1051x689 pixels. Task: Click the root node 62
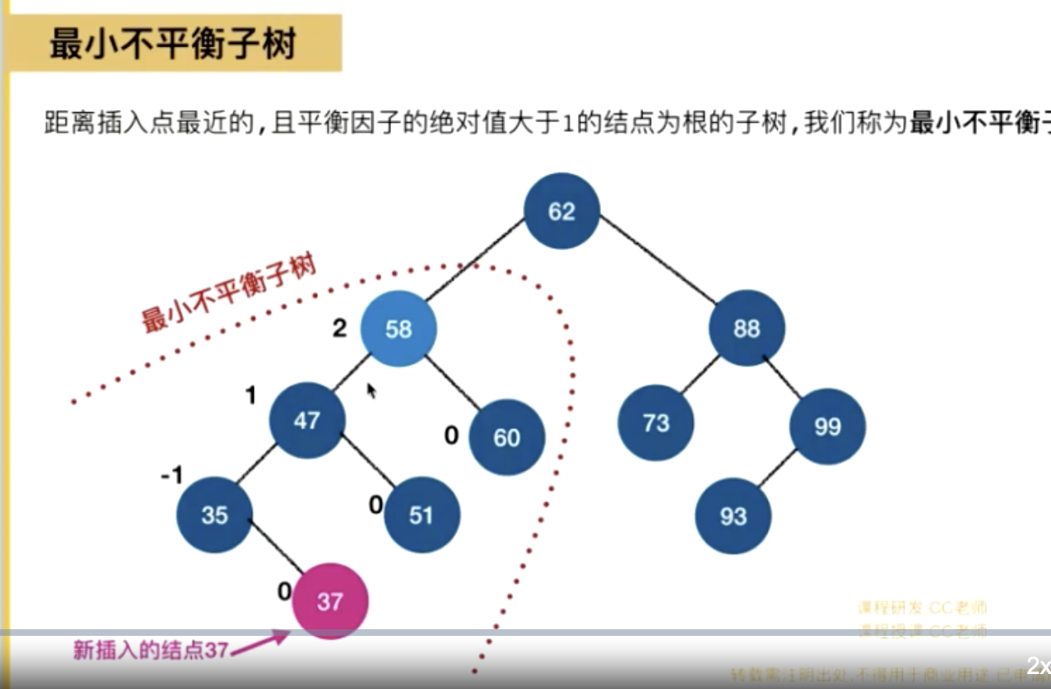click(561, 211)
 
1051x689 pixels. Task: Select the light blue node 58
click(398, 329)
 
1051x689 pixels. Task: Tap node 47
click(306, 420)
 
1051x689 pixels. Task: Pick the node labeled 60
click(506, 437)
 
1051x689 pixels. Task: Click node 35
click(214, 515)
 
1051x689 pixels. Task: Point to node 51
click(421, 515)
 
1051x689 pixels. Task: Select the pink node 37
click(330, 601)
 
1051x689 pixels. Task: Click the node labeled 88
click(746, 329)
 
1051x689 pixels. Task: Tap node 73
click(656, 423)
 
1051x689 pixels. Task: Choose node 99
click(827, 427)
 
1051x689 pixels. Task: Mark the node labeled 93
click(733, 516)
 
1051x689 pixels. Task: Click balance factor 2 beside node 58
click(339, 329)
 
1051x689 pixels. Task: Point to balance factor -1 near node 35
click(172, 475)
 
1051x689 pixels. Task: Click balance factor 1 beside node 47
click(251, 396)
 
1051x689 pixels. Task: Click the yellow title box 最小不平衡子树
click(174, 44)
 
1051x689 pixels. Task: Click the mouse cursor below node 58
click(371, 390)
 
